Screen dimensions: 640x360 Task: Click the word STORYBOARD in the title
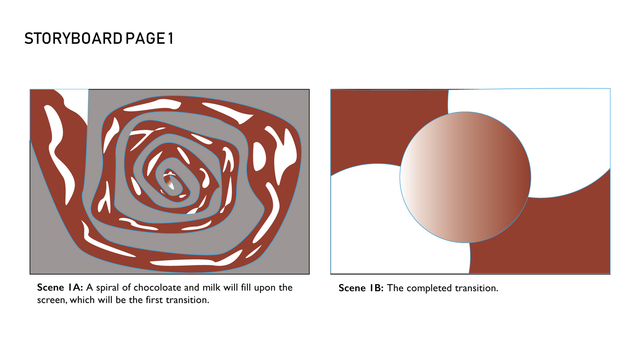(x=73, y=39)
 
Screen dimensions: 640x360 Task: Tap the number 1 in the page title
(x=171, y=39)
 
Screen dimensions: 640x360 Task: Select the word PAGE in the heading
(x=145, y=39)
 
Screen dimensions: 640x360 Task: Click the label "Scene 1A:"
(x=60, y=287)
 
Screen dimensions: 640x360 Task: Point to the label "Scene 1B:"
(x=361, y=288)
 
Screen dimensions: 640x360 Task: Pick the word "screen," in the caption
(x=52, y=300)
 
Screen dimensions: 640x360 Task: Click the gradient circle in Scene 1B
(x=465, y=177)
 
